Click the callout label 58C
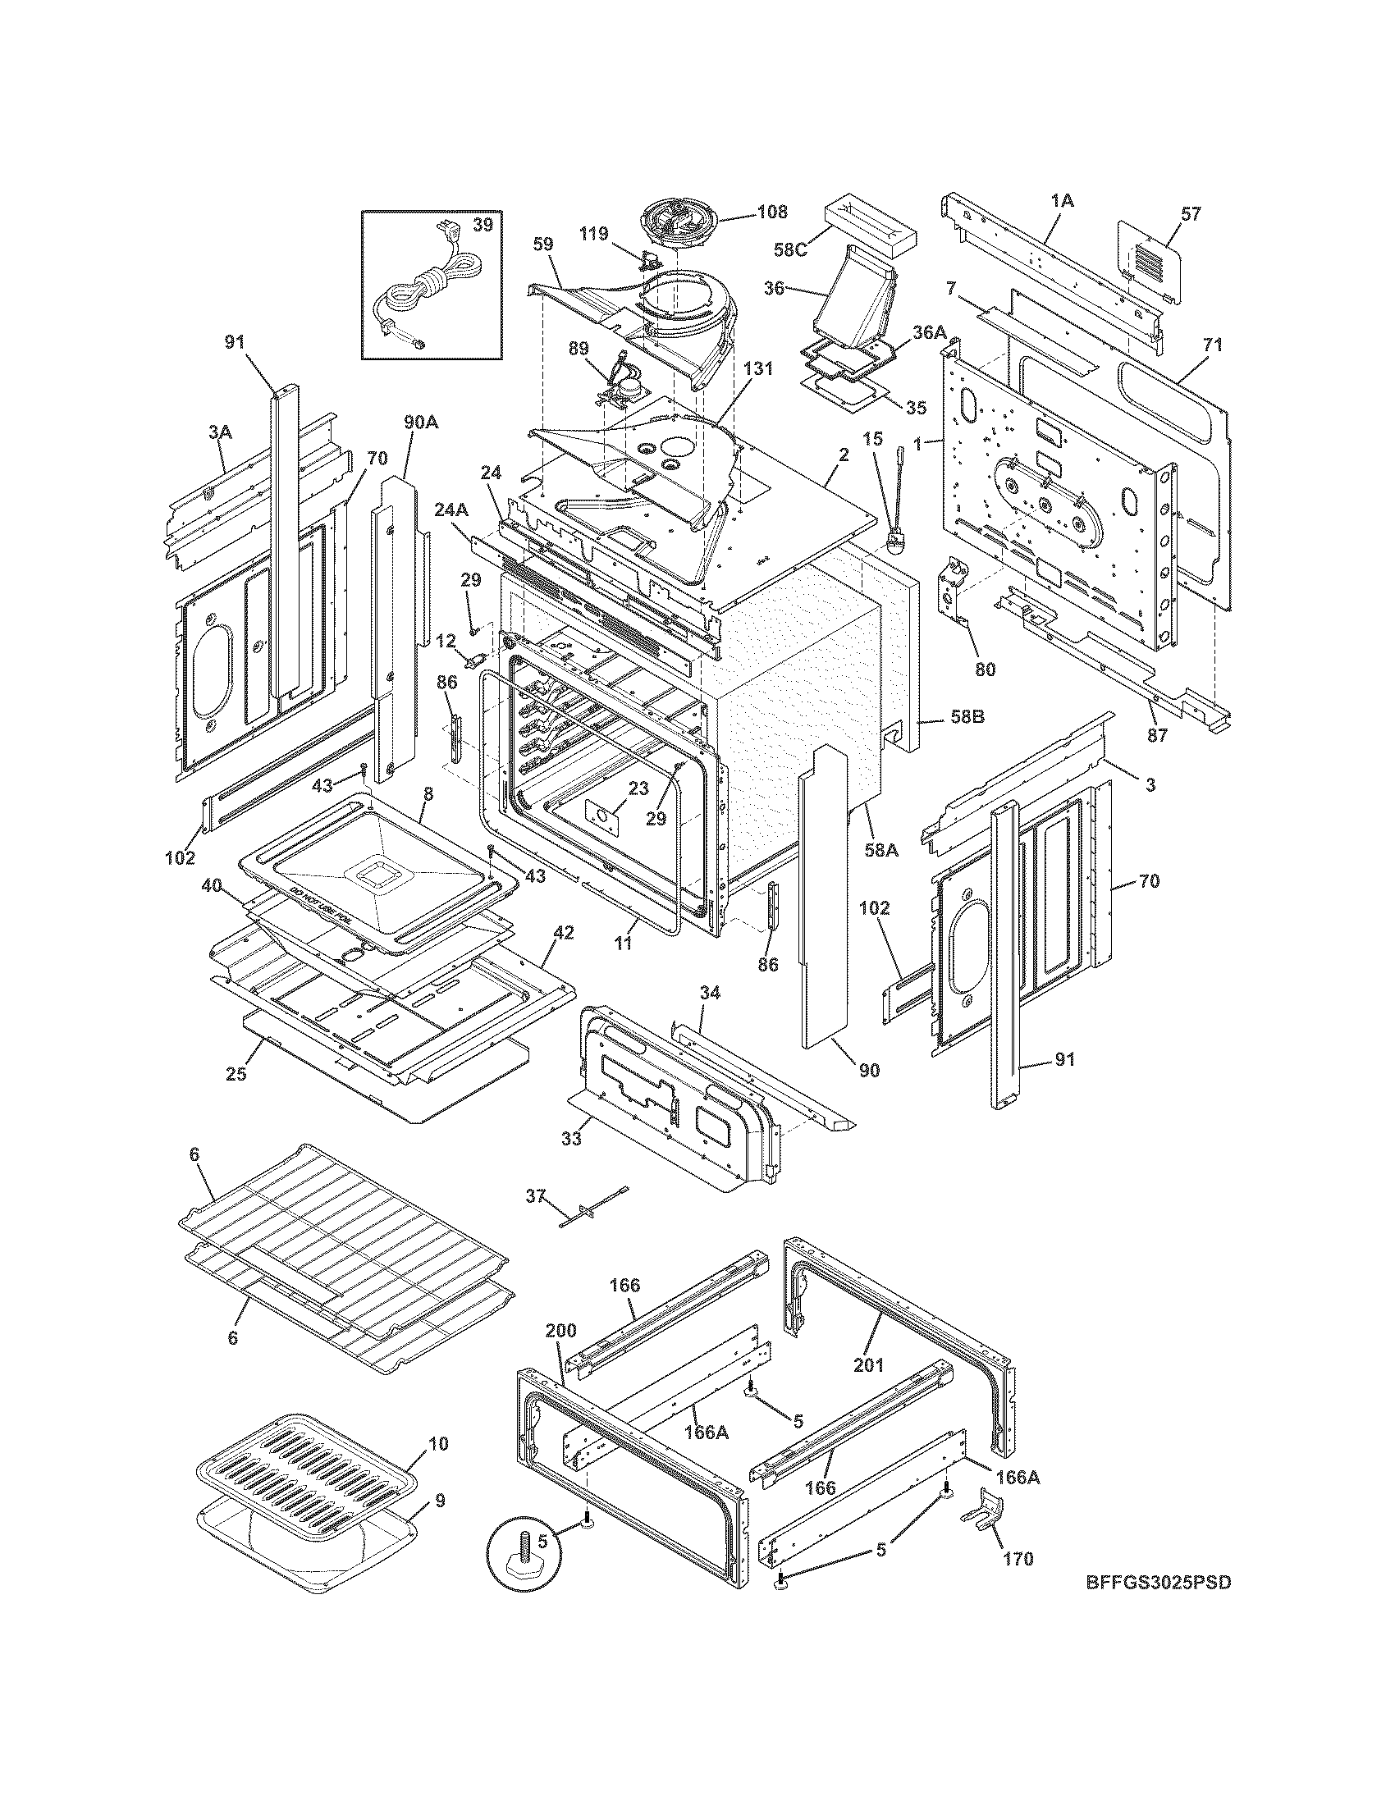[x=791, y=249]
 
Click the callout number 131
[x=759, y=369]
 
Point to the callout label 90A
[x=421, y=423]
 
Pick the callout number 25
[x=236, y=1076]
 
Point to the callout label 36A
[x=928, y=331]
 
